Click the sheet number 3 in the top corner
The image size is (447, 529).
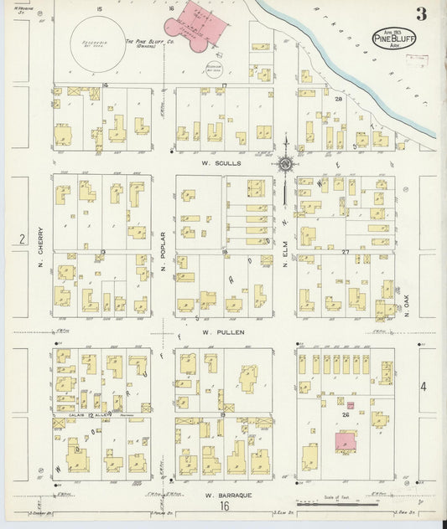(x=419, y=14)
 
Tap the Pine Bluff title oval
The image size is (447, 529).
(x=391, y=39)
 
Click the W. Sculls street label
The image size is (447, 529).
(x=224, y=163)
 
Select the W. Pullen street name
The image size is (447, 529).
(x=223, y=332)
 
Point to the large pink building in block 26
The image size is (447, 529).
(x=345, y=441)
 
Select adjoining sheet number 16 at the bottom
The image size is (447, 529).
(x=224, y=506)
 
